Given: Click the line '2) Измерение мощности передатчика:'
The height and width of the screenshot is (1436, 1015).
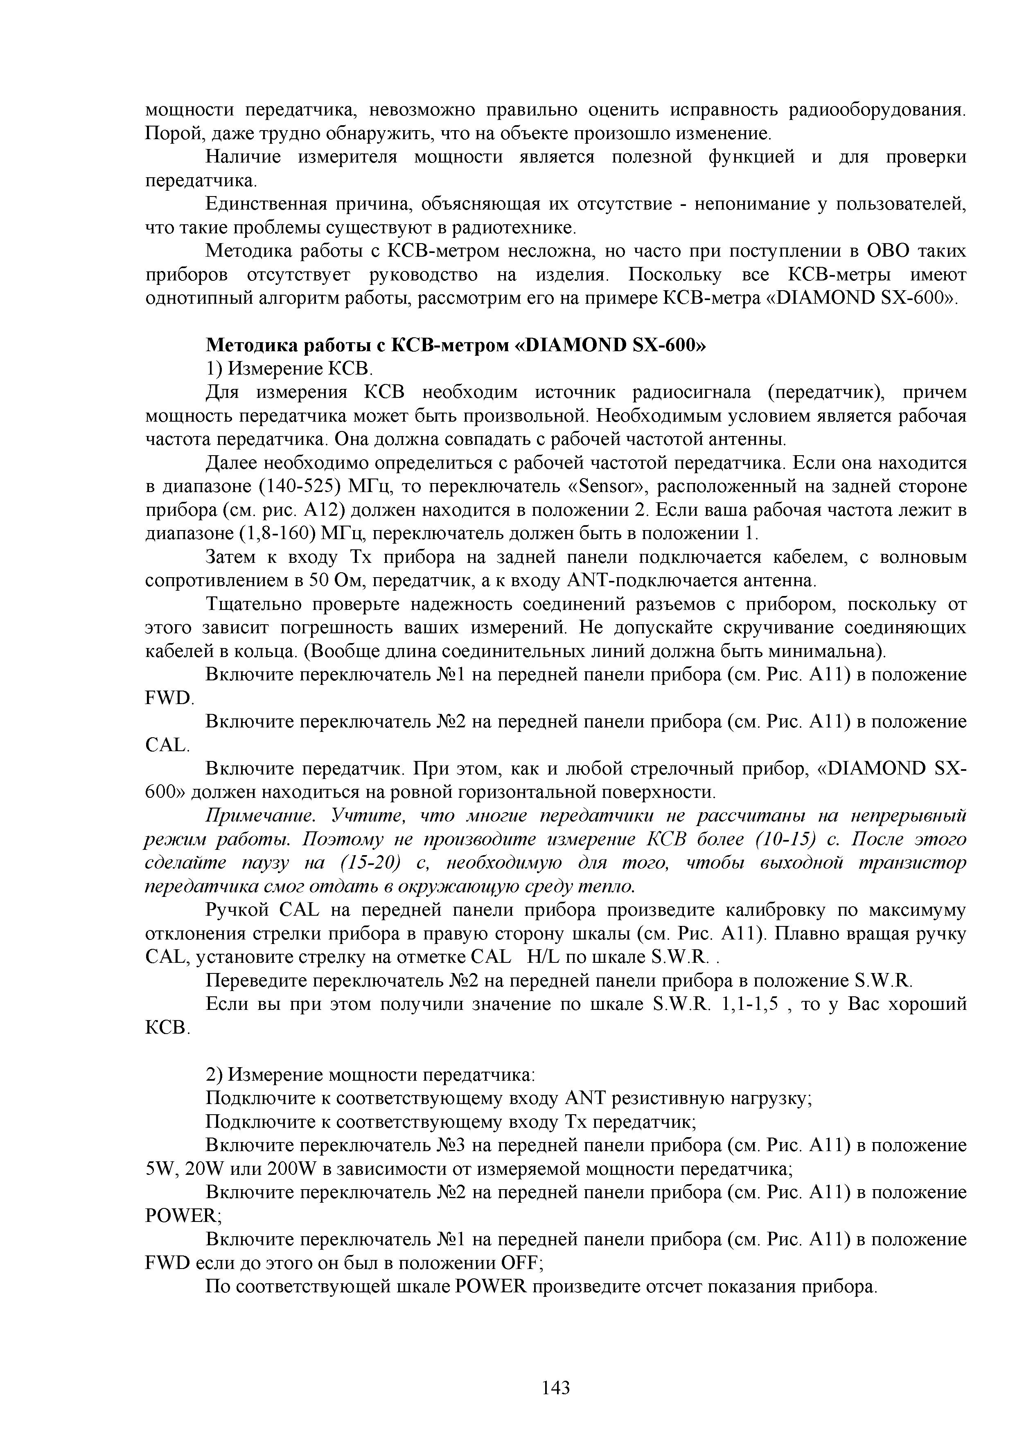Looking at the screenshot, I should click(371, 1075).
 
